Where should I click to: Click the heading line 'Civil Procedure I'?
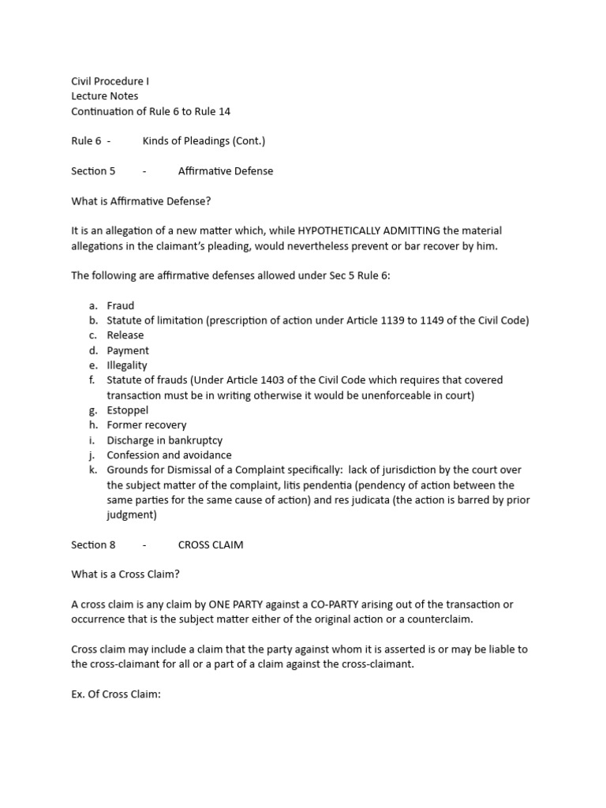110,81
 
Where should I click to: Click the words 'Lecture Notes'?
104,96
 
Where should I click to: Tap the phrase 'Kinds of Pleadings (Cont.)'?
204,141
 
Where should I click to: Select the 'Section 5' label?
93,171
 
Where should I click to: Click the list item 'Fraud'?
121,305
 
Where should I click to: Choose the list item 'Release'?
125,335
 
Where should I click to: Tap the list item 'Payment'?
128,350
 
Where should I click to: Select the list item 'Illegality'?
127,365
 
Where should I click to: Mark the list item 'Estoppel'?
128,410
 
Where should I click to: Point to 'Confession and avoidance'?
170,455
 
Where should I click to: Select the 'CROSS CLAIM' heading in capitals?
211,545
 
